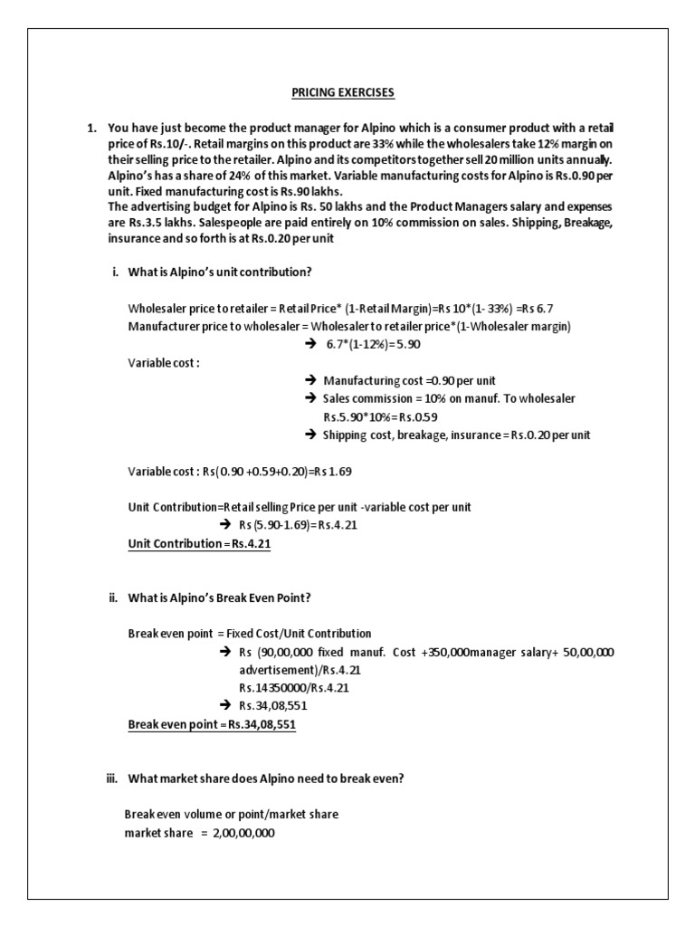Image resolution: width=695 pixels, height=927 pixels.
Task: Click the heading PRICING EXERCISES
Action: (x=342, y=92)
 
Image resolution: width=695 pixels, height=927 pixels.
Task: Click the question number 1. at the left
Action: (x=91, y=129)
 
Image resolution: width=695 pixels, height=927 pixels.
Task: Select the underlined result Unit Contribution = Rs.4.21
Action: (x=200, y=544)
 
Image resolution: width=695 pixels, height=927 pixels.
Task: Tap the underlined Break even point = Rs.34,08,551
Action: (x=212, y=725)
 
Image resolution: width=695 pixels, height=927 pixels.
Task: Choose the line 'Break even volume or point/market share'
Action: (x=232, y=815)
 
